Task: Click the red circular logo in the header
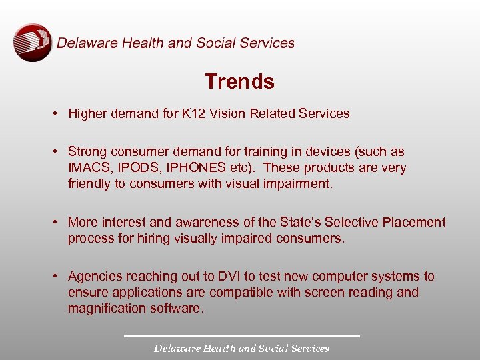33,43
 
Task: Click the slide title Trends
239,81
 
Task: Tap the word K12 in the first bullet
193,113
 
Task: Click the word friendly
89,184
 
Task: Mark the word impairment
297,184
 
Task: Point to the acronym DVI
238,276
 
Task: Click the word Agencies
93,276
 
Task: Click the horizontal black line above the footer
241,335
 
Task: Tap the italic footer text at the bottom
241,348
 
